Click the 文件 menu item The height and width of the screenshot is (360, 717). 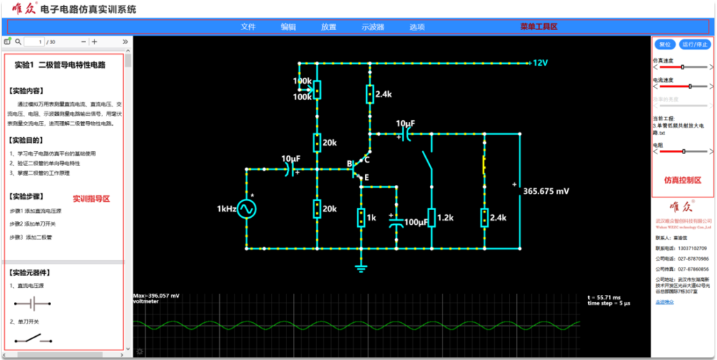(249, 27)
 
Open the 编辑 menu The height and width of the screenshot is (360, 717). (288, 27)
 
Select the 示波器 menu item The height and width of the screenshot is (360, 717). (373, 27)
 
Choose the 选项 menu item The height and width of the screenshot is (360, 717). (417, 27)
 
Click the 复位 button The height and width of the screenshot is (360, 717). (665, 44)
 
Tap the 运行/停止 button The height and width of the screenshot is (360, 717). (695, 44)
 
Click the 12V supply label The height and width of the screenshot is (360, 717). (540, 63)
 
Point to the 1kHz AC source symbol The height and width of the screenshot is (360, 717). (246, 209)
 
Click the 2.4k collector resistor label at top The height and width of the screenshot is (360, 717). (384, 94)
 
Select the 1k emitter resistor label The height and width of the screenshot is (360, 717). (371, 218)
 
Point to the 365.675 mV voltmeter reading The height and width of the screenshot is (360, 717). (546, 191)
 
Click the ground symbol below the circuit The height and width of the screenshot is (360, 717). (361, 267)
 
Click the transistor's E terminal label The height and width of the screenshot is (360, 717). (366, 178)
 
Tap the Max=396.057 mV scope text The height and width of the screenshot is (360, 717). (156, 296)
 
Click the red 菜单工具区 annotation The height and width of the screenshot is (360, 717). (538, 27)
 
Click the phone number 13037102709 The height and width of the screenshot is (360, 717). (692, 248)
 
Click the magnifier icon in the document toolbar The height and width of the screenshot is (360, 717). (19, 42)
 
